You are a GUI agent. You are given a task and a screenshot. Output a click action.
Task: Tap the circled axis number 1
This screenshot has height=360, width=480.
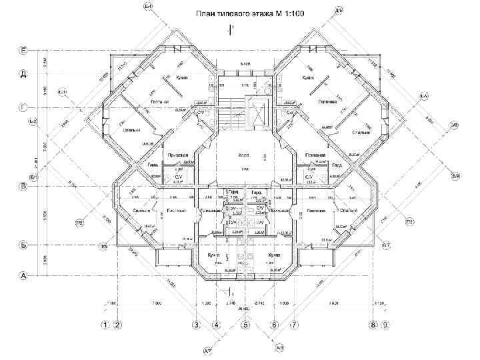(105, 325)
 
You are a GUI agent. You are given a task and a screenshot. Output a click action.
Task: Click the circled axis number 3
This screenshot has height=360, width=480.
(196, 325)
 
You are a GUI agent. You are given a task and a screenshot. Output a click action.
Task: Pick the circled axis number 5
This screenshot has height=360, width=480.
(245, 325)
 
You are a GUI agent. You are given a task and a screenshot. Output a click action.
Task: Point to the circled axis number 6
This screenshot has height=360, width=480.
(274, 325)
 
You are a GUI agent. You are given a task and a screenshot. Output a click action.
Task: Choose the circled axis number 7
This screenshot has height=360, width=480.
(293, 325)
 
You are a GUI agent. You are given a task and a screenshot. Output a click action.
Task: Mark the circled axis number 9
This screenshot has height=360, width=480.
(385, 325)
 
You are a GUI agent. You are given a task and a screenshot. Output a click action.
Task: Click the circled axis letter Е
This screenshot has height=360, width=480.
(23, 51)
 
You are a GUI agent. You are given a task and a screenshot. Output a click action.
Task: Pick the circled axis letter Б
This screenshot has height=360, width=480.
(23, 245)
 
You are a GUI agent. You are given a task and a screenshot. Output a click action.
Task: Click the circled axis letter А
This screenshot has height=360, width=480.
(23, 275)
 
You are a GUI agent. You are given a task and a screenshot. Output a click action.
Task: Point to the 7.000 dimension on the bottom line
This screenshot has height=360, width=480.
(157, 303)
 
